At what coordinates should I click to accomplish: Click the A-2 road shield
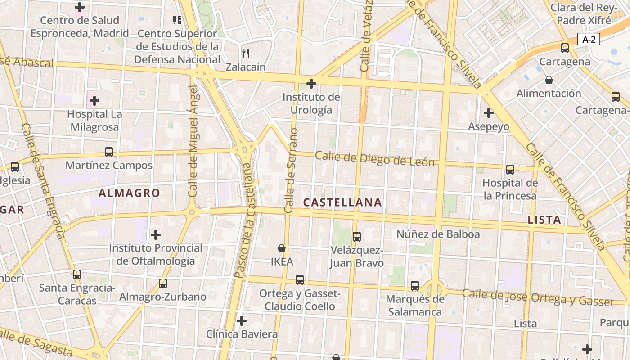click(x=589, y=39)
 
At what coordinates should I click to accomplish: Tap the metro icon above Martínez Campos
click(x=109, y=152)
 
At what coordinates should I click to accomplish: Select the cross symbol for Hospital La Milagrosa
click(x=94, y=101)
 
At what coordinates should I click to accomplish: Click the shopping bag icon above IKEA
click(x=282, y=248)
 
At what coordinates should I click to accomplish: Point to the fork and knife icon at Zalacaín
click(x=246, y=54)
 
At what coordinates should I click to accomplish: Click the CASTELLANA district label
click(x=342, y=202)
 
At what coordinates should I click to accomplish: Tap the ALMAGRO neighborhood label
click(x=129, y=193)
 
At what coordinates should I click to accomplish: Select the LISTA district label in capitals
click(x=544, y=220)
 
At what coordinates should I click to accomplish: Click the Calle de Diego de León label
click(x=375, y=159)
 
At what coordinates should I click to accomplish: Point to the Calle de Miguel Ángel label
click(x=193, y=142)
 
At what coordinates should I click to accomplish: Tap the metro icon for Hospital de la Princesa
click(x=510, y=170)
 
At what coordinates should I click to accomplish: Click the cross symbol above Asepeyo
click(x=489, y=113)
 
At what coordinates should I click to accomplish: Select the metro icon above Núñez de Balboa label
click(x=357, y=236)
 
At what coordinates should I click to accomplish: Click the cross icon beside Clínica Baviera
click(x=242, y=321)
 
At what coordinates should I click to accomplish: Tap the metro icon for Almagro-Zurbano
click(x=163, y=283)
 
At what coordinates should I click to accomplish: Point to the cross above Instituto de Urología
click(x=311, y=84)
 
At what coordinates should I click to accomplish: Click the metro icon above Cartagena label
click(x=565, y=48)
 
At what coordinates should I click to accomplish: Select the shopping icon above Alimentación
click(x=549, y=81)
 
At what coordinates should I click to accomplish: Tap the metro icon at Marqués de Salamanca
click(x=415, y=286)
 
